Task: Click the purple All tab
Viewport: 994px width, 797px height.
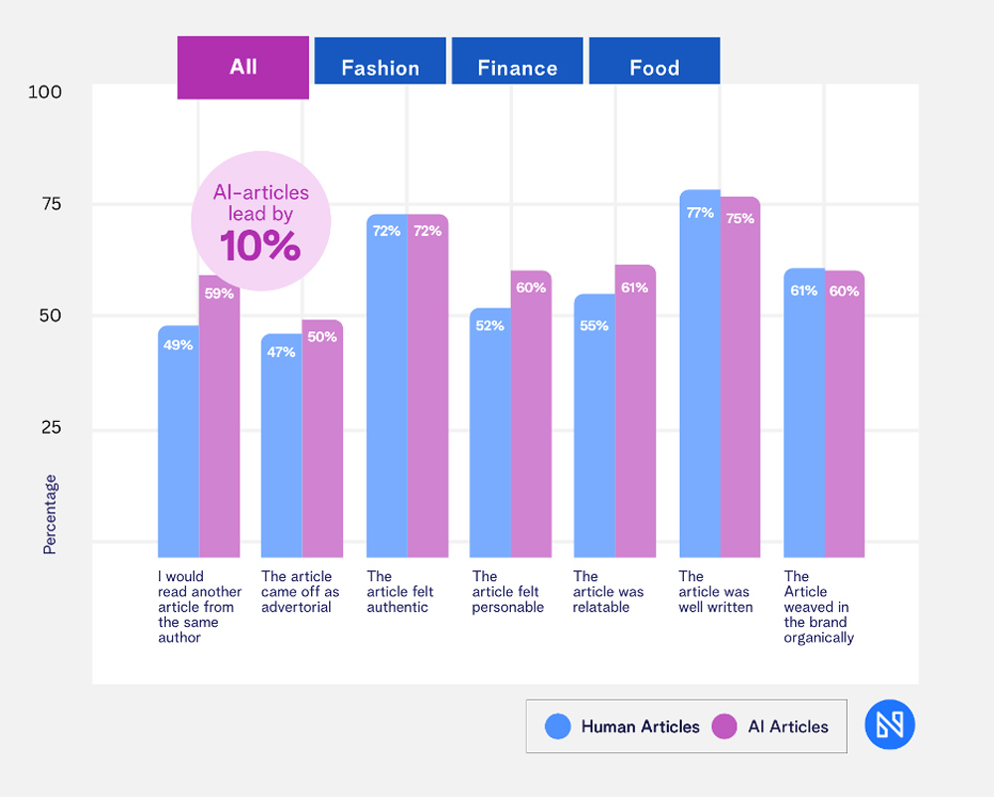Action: click(x=243, y=68)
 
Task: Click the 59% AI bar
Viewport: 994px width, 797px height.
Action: click(x=220, y=418)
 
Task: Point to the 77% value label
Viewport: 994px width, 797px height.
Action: click(x=699, y=212)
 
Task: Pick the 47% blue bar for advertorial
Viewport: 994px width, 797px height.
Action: click(x=281, y=448)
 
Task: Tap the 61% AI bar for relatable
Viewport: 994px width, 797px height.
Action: click(x=635, y=418)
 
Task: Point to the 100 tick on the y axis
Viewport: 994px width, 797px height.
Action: click(x=45, y=92)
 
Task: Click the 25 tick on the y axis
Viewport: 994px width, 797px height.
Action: click(x=51, y=428)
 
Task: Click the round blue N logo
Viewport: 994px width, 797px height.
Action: click(x=890, y=724)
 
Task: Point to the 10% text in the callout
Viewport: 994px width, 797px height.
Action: click(x=259, y=246)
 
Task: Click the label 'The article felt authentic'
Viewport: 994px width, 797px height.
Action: click(x=397, y=591)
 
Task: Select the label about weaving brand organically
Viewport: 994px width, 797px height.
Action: click(x=818, y=607)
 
